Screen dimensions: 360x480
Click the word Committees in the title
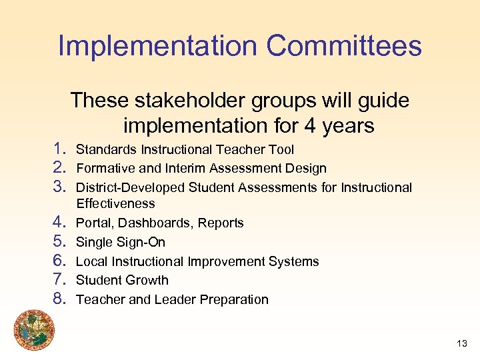click(344, 47)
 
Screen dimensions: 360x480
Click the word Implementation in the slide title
click(157, 47)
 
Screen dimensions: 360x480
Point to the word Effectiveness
click(115, 204)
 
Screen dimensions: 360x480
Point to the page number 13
click(461, 343)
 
